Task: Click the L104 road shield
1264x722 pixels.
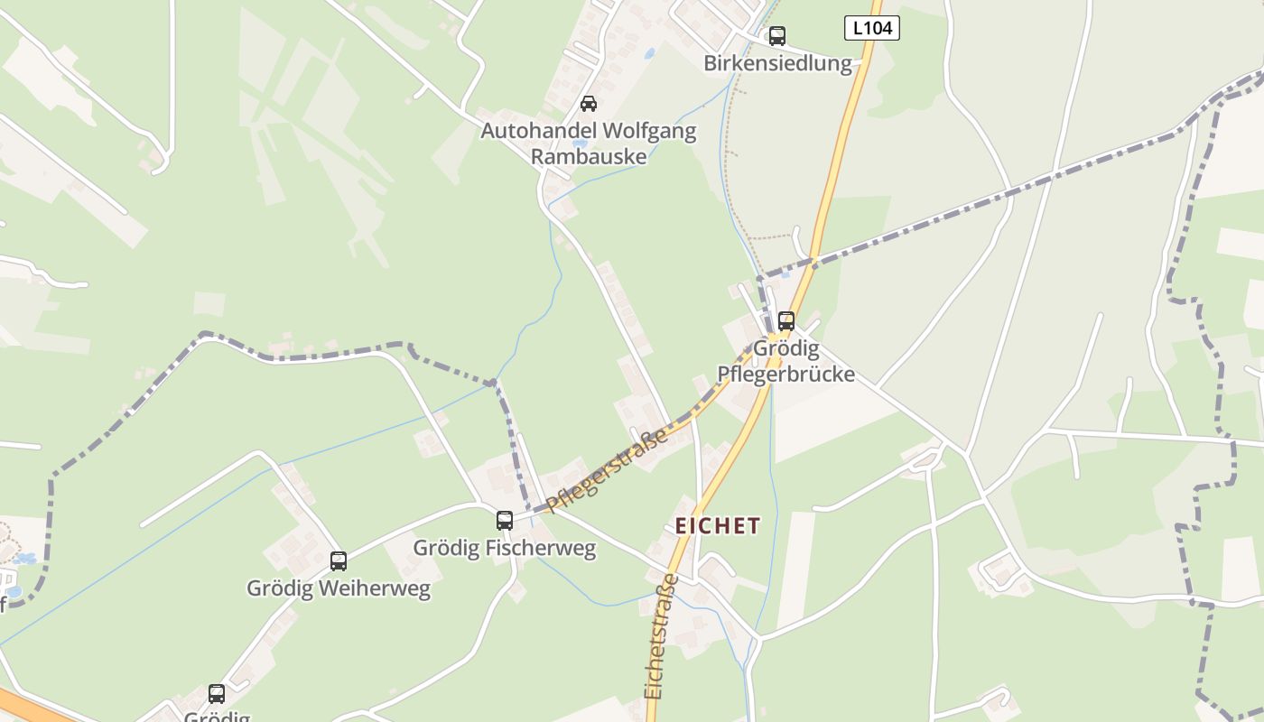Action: [871, 28]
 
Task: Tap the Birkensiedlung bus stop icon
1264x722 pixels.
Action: [776, 36]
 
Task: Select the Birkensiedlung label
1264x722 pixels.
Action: [777, 63]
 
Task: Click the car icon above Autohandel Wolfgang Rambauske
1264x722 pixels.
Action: [589, 104]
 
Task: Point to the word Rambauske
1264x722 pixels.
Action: [589, 156]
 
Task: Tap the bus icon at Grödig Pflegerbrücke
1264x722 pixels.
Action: [786, 321]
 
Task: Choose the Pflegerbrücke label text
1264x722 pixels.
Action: [785, 374]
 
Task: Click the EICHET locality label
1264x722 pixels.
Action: [718, 525]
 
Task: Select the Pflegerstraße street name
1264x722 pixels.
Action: [607, 468]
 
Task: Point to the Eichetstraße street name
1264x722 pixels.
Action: [661, 635]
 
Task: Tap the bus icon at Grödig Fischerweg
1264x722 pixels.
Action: [505, 521]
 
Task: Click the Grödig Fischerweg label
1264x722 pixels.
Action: [505, 548]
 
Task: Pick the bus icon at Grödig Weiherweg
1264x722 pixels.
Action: [339, 561]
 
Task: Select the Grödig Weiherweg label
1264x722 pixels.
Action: [339, 588]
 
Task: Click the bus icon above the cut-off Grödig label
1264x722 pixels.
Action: [217, 694]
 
